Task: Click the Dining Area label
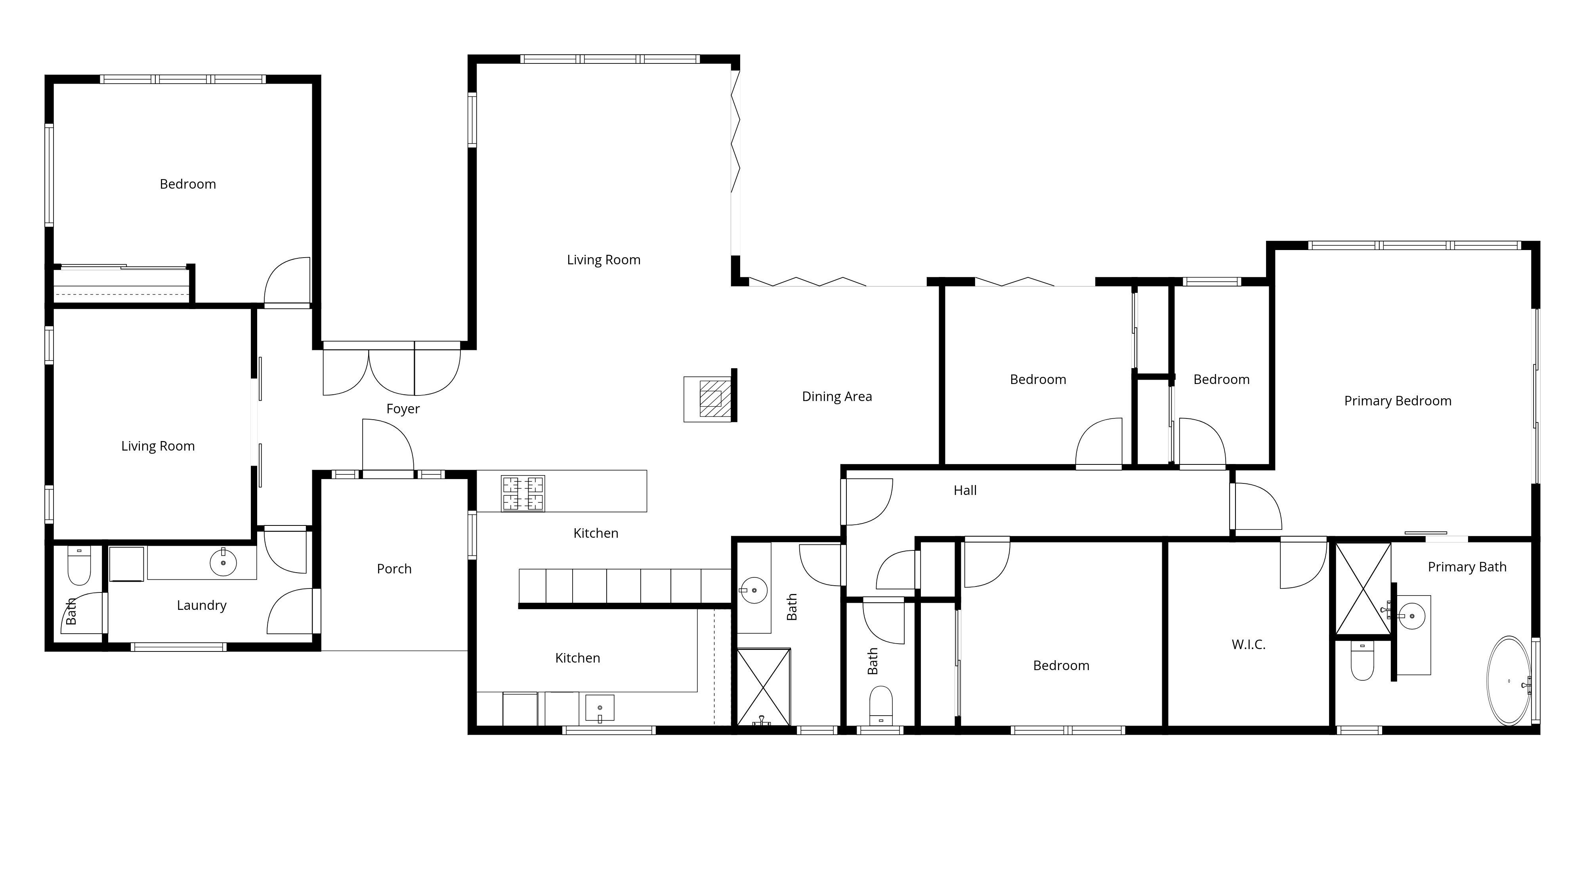pyautogui.click(x=837, y=397)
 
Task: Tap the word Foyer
pyautogui.click(x=403, y=409)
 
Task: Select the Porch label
pyautogui.click(x=394, y=569)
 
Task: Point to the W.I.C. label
pyautogui.click(x=1249, y=645)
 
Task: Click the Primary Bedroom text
pyautogui.click(x=1397, y=401)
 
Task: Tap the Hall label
pyautogui.click(x=965, y=490)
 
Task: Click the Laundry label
pyautogui.click(x=201, y=605)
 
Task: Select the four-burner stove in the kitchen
pyautogui.click(x=523, y=493)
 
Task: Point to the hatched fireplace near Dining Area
pyautogui.click(x=710, y=399)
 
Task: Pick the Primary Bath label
pyautogui.click(x=1467, y=567)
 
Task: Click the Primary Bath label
pyautogui.click(x=1467, y=567)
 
